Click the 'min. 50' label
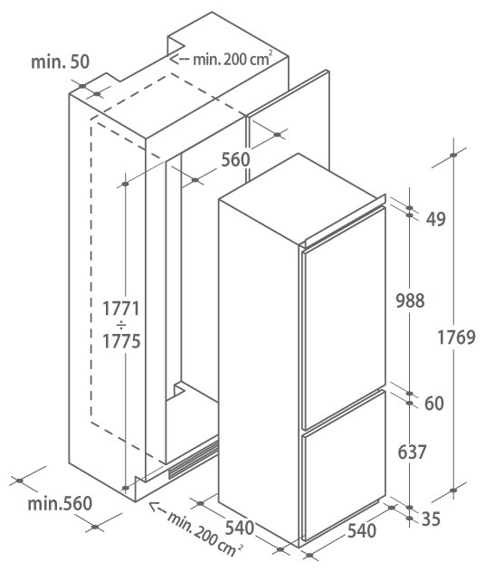(60, 62)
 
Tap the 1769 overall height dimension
(456, 338)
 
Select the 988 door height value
(410, 300)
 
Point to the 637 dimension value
(412, 452)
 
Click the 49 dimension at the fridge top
(436, 219)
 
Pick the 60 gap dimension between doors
(434, 404)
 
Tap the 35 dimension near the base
(431, 519)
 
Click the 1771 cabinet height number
(121, 309)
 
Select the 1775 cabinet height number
(121, 341)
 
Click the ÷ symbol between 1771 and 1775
(121, 325)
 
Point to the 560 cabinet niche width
(235, 159)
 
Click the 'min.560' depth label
(60, 504)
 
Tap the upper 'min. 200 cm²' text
(233, 59)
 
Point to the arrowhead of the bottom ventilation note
(155, 507)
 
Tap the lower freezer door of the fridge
(343, 465)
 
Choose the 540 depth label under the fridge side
(239, 528)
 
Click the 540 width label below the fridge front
(362, 531)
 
